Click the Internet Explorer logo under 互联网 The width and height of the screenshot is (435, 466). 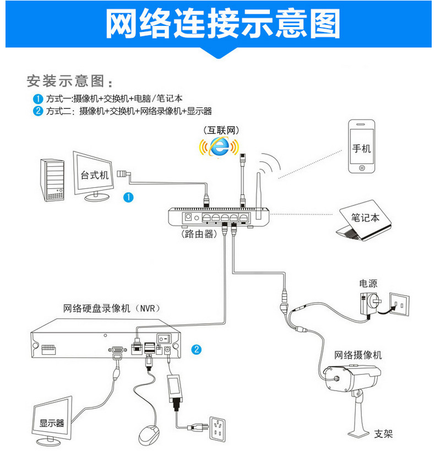click(x=220, y=146)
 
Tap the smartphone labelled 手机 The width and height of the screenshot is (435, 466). click(x=361, y=147)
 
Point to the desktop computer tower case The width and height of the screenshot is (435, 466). click(x=53, y=181)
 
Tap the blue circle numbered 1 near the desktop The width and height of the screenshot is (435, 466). click(x=128, y=197)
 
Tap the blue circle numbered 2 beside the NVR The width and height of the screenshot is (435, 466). click(x=197, y=349)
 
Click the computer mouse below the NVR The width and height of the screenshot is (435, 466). click(x=149, y=436)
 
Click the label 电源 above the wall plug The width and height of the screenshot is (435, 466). click(x=368, y=284)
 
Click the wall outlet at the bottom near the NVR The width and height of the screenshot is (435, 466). click(x=220, y=427)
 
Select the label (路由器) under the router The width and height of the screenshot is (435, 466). click(x=199, y=234)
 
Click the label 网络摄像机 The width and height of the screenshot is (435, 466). click(x=358, y=355)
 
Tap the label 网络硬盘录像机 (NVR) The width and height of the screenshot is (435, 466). click(x=112, y=308)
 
